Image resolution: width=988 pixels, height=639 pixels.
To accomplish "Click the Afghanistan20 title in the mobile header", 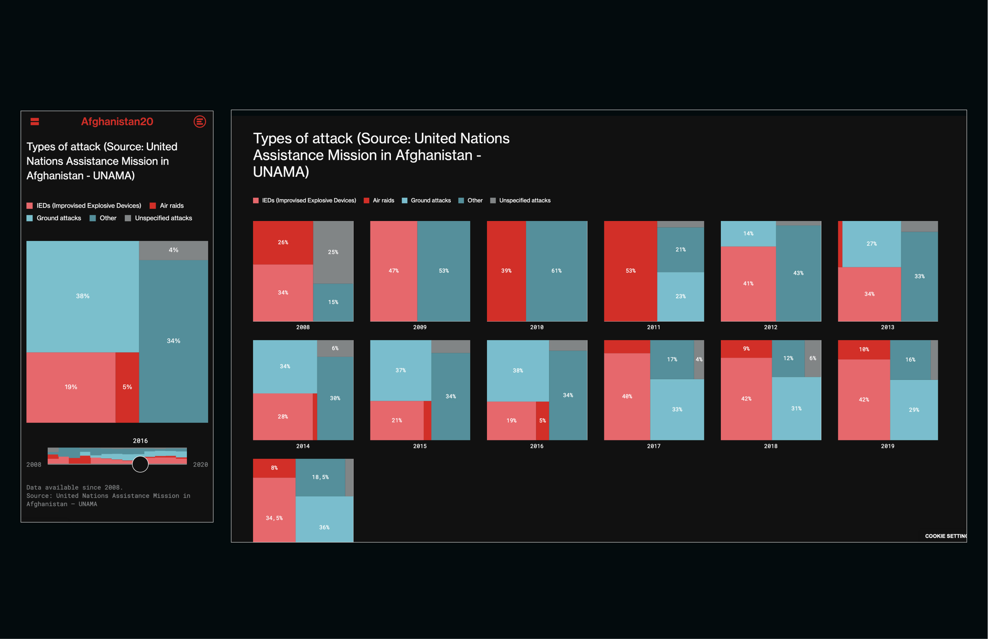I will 117,121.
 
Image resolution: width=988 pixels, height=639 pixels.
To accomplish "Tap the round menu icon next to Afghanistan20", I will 200,121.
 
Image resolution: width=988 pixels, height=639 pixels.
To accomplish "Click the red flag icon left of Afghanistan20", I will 35,121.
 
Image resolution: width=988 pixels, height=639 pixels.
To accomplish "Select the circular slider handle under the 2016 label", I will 140,464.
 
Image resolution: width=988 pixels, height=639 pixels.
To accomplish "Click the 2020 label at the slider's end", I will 200,464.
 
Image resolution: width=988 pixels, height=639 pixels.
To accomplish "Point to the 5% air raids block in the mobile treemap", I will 127,387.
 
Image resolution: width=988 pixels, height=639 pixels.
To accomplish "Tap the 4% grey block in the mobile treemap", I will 173,250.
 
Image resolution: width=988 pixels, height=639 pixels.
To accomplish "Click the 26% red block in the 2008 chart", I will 283,242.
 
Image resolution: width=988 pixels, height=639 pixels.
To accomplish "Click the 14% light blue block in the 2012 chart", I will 748,234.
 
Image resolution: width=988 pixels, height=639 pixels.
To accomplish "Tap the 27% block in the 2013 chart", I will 871,244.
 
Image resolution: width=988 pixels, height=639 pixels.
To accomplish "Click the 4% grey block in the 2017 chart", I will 699,359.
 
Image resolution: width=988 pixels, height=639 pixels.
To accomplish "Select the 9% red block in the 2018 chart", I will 746,349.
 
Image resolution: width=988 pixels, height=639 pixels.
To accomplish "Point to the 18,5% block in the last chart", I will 320,477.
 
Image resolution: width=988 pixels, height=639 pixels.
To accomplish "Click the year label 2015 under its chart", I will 419,446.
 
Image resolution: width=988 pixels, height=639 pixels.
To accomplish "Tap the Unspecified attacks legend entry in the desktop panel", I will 524,200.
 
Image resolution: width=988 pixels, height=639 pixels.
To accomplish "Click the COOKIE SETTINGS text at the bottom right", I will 945,536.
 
